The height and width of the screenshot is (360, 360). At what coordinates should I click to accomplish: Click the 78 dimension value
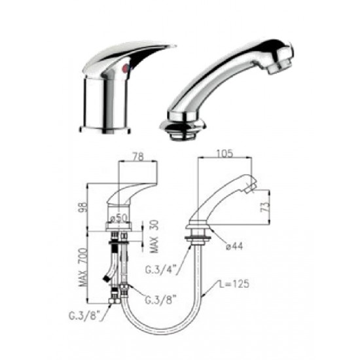138,156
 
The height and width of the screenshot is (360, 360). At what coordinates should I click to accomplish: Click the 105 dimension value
224,153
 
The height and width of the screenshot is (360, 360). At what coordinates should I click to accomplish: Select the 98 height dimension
84,207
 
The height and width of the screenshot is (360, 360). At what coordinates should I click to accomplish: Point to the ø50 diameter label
118,218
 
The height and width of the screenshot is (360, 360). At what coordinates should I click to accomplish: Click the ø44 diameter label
234,246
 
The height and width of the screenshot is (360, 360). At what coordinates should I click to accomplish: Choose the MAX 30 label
154,236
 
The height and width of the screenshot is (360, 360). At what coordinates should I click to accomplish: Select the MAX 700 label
83,267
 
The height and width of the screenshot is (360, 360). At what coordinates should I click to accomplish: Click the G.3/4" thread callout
162,270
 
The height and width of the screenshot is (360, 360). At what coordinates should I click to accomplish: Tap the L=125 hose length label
234,284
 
